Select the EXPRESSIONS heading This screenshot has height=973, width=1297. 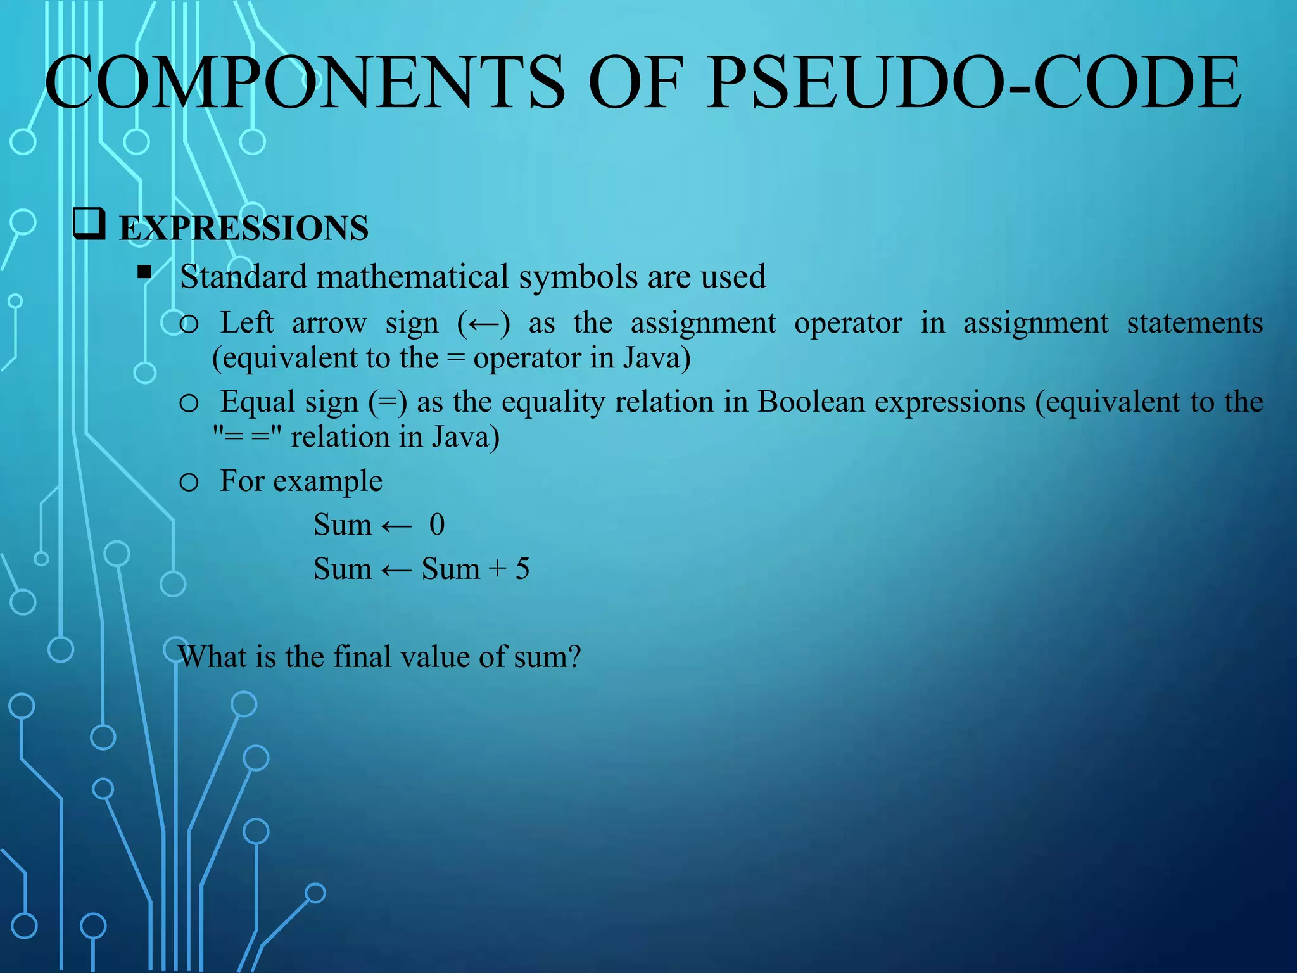click(x=244, y=229)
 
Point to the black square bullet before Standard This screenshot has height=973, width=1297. click(x=145, y=272)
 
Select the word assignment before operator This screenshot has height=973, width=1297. click(x=703, y=324)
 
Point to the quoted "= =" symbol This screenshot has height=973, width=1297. click(x=247, y=437)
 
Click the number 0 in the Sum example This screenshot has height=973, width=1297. click(x=437, y=525)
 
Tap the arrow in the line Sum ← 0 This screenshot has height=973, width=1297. click(x=396, y=526)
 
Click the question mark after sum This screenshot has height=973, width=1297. click(x=573, y=657)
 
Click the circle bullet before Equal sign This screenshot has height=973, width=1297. click(x=189, y=404)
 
